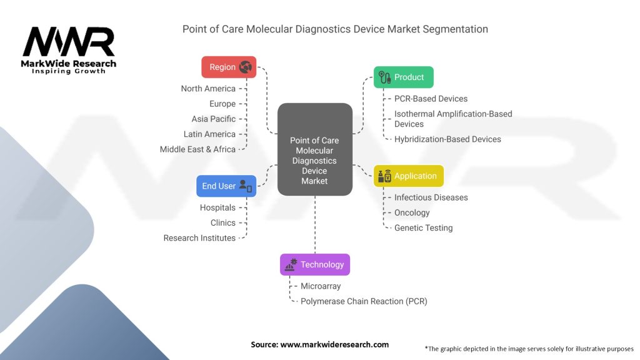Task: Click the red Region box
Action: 229,67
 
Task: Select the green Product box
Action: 403,77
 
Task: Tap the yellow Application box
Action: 409,176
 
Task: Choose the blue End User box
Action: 226,186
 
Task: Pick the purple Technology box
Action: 315,264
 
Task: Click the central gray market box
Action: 315,149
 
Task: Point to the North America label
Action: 208,89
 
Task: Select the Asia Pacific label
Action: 214,119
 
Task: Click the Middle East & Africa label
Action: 197,149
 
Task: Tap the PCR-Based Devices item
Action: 431,99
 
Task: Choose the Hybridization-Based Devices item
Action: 447,139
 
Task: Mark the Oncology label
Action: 412,212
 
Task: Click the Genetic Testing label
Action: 423,227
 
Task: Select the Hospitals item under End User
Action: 217,207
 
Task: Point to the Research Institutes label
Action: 199,238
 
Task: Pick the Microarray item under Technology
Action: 321,286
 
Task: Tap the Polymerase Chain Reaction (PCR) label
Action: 364,301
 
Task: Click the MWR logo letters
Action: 69,42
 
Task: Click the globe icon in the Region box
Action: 245,67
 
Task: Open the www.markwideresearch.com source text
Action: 334,344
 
